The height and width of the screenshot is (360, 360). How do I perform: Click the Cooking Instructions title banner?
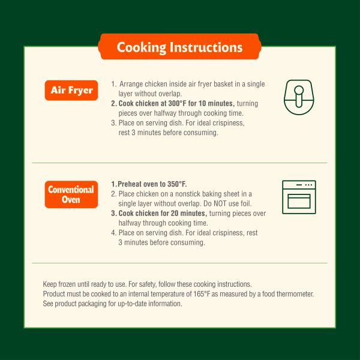pos(179,47)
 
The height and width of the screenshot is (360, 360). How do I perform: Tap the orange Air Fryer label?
pos(71,91)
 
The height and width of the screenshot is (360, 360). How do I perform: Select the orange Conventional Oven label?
pos(71,194)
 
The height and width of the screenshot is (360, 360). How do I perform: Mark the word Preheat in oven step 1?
pos(131,184)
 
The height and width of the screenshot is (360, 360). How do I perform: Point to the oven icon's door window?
pos(299,200)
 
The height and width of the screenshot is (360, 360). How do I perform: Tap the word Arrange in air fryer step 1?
pos(131,84)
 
